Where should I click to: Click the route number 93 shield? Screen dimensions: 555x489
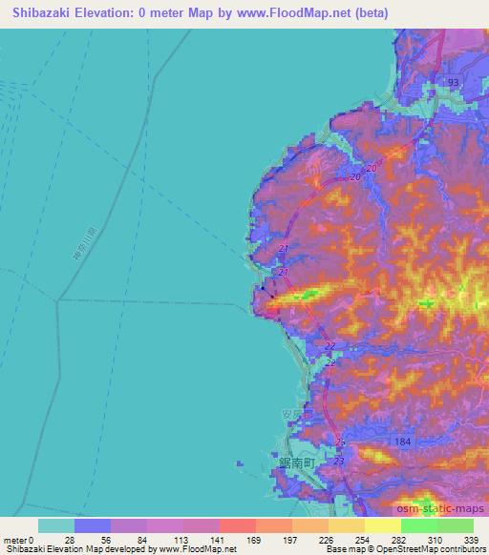(x=453, y=83)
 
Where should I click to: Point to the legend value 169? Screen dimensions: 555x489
(x=254, y=540)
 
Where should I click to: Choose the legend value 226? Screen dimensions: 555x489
(x=327, y=540)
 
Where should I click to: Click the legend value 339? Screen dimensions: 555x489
(x=472, y=540)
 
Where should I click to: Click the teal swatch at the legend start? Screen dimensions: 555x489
(x=55, y=525)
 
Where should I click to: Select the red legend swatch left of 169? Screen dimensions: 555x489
(x=236, y=525)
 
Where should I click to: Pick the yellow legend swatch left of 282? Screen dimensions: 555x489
(x=381, y=525)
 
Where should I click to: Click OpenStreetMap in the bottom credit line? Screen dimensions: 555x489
(x=421, y=550)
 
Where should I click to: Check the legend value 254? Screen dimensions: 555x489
(x=363, y=540)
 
